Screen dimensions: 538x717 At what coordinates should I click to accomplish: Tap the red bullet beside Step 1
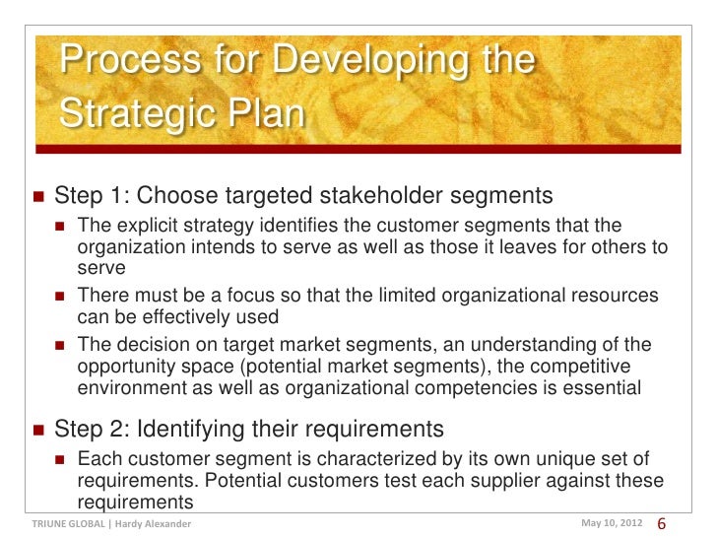pos(37,194)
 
